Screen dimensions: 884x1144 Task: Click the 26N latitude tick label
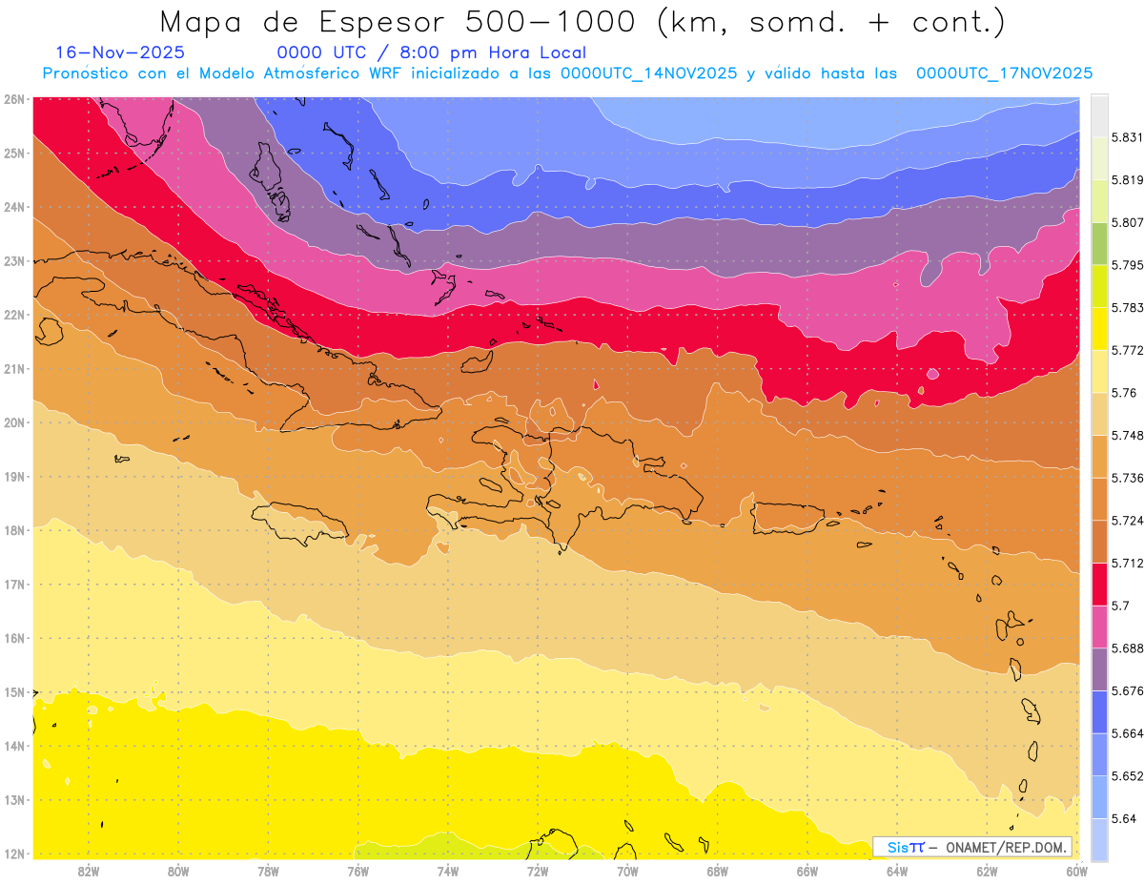pyautogui.click(x=13, y=98)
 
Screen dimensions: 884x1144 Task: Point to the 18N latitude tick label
pyautogui.click(x=13, y=530)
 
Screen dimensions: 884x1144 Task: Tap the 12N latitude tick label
pyautogui.click(x=13, y=853)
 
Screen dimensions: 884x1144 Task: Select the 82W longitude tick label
pyautogui.click(x=89, y=871)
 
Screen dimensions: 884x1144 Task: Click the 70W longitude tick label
pyautogui.click(x=627, y=871)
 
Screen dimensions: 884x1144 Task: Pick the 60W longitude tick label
pyautogui.click(x=1076, y=871)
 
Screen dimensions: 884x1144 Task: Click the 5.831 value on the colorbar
pyautogui.click(x=1128, y=137)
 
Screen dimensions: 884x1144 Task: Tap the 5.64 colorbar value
pyautogui.click(x=1123, y=818)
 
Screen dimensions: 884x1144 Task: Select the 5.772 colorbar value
pyautogui.click(x=1128, y=351)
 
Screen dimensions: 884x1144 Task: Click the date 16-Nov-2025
pyautogui.click(x=121, y=52)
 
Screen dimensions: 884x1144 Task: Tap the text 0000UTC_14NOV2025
pyautogui.click(x=648, y=72)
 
